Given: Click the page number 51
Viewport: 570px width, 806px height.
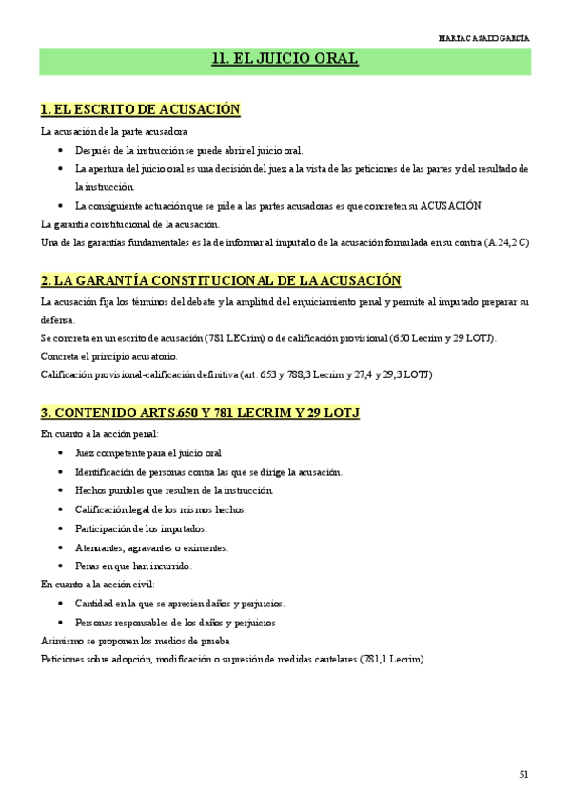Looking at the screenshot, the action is coord(523,774).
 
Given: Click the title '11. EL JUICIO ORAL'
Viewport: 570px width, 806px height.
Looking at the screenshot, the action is coord(285,59).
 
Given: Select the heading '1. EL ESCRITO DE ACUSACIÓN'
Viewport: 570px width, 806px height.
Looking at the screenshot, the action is coord(141,109).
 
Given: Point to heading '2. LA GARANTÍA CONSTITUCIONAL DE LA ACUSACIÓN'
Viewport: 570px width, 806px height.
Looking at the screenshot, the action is coord(221,280).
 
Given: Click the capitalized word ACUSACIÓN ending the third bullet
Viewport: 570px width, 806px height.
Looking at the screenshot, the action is coord(451,205).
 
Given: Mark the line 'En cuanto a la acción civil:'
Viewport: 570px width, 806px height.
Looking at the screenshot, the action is coord(98,585).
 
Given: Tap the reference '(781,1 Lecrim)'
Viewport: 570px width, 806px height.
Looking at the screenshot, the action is coord(391,659).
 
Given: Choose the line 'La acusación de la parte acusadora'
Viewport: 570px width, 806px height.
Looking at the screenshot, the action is coord(114,131).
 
